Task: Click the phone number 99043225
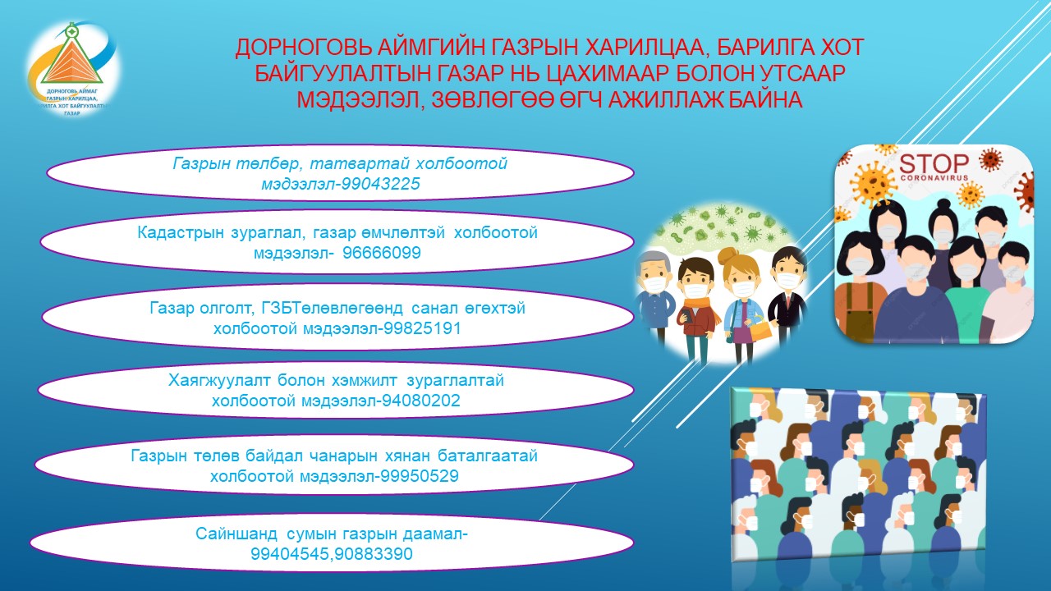[x=380, y=184]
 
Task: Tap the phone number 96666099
[x=382, y=253]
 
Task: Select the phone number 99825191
[x=422, y=328]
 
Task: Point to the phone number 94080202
[x=421, y=401]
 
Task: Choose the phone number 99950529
[x=420, y=476]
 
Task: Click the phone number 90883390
[x=374, y=554]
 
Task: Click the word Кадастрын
[x=181, y=233]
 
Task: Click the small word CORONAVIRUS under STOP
[x=934, y=178]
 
